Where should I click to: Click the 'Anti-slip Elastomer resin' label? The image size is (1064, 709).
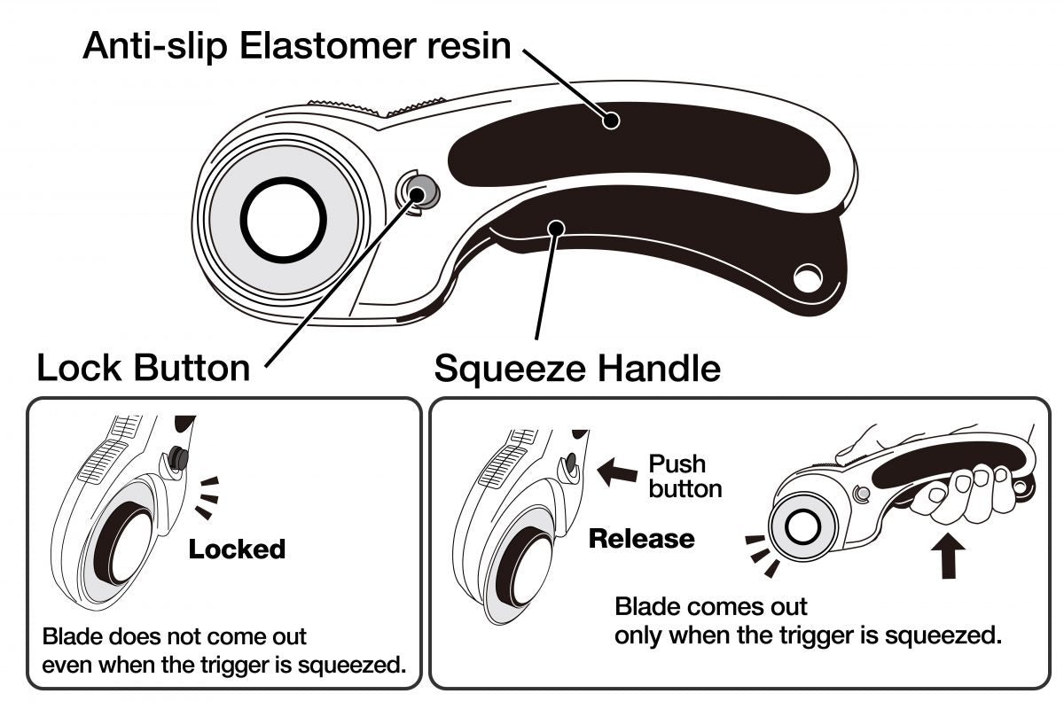(296, 46)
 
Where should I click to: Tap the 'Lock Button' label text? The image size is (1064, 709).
(143, 367)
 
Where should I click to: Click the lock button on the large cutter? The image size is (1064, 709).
(418, 189)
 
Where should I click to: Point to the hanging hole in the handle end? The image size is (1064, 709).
(807, 278)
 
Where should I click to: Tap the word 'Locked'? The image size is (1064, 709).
(237, 549)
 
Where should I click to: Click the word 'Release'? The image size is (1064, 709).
(642, 538)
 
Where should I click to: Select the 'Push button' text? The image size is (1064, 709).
(685, 476)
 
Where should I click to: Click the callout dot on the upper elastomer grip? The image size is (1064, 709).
(610, 120)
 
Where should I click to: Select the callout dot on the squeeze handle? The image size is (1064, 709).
(556, 229)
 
